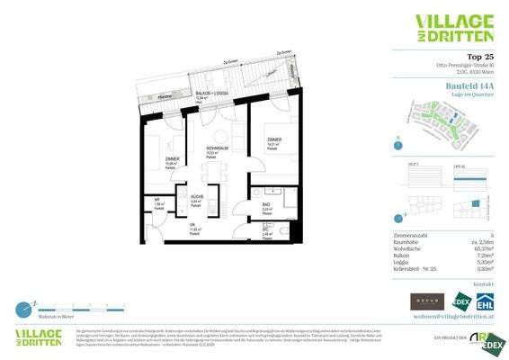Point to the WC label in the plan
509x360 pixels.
(x=265, y=229)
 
